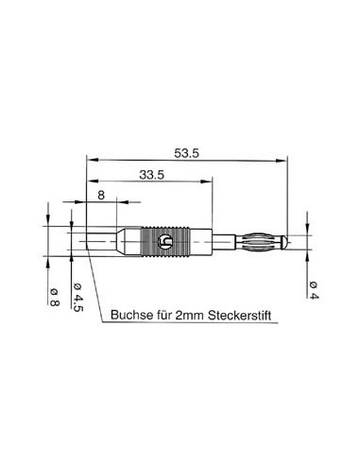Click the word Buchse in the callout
[132, 316]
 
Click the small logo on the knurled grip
[167, 242]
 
